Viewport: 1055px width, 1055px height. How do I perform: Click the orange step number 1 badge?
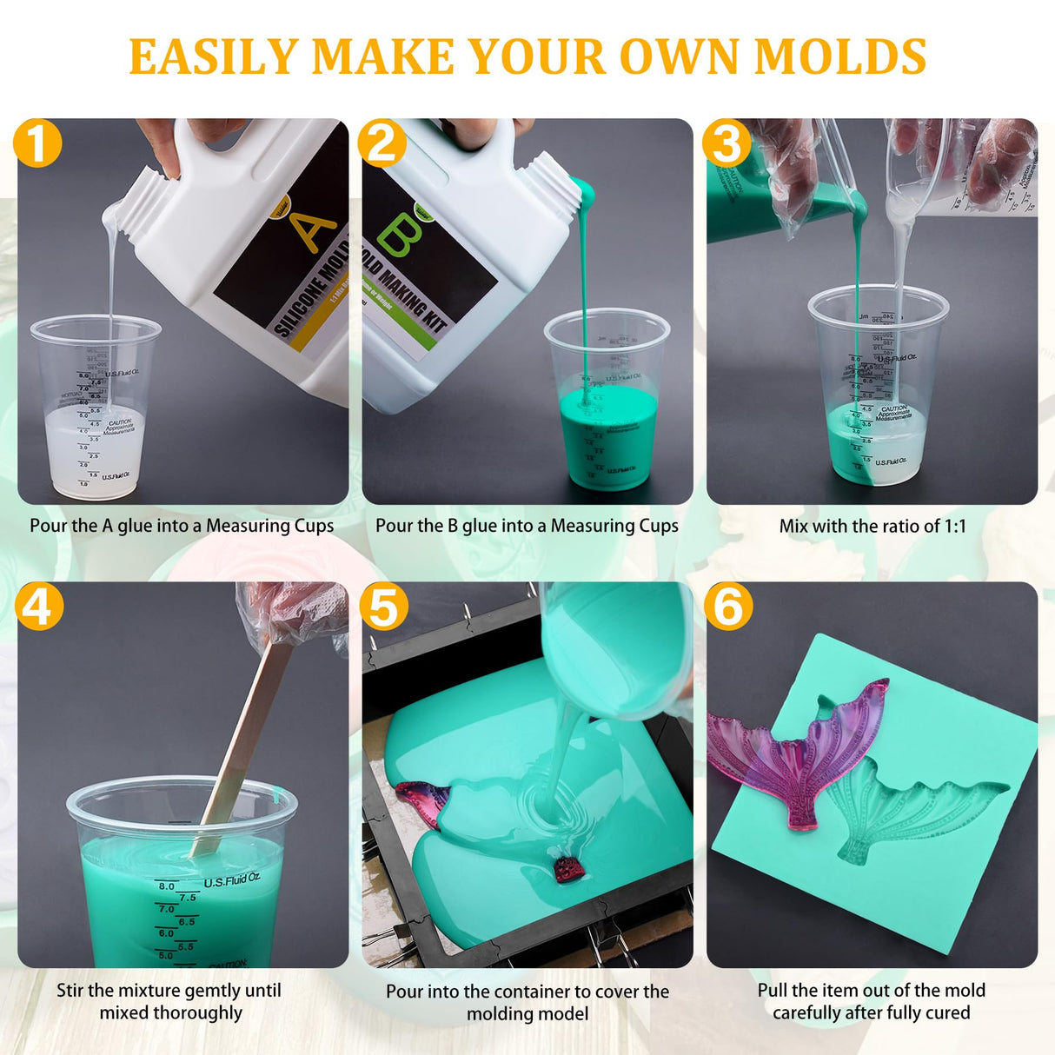[37, 143]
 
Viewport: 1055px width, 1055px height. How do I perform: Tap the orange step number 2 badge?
[382, 143]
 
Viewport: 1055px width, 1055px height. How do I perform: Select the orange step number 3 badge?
[727, 143]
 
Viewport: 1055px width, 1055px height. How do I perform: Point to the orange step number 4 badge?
[37, 606]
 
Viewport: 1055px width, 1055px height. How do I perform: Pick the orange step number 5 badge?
[382, 606]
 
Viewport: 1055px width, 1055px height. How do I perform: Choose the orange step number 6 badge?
[727, 606]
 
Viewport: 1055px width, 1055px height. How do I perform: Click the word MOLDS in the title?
[839, 57]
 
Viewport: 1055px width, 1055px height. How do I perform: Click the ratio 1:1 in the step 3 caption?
[955, 526]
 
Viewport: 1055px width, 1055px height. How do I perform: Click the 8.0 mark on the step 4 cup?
[166, 886]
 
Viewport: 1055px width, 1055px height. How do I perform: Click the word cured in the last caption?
[947, 1013]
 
